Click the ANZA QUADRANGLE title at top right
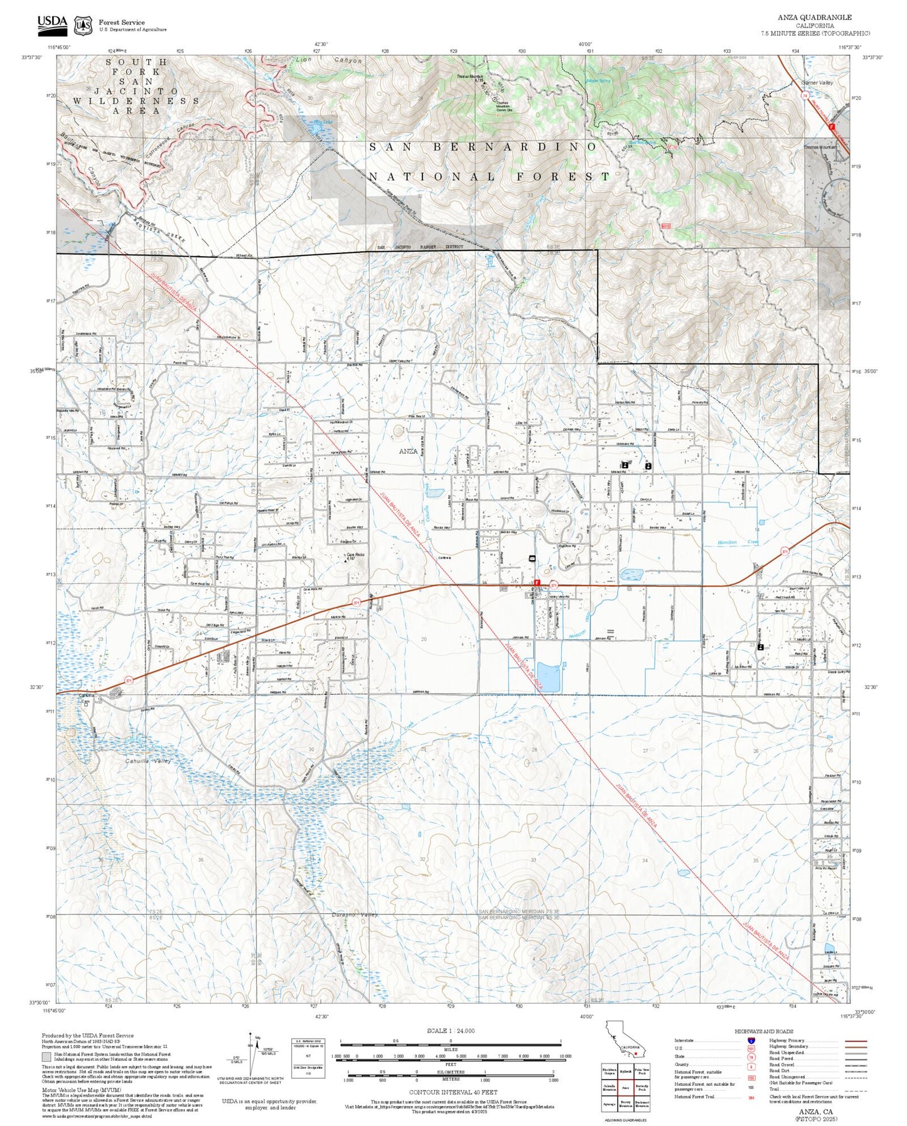tap(814, 18)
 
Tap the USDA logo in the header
tap(51, 24)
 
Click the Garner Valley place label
tap(817, 83)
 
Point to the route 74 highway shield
tap(805, 95)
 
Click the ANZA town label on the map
tap(408, 451)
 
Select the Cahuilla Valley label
tap(148, 761)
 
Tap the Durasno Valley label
tap(355, 914)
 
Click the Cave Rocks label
tap(355, 555)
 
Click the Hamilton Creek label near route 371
tap(738, 542)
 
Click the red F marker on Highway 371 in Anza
tap(537, 583)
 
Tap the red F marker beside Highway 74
tap(832, 126)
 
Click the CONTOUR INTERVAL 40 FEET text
tap(453, 1093)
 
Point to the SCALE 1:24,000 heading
tap(450, 1031)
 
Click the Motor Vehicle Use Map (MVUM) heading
tap(81, 1090)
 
